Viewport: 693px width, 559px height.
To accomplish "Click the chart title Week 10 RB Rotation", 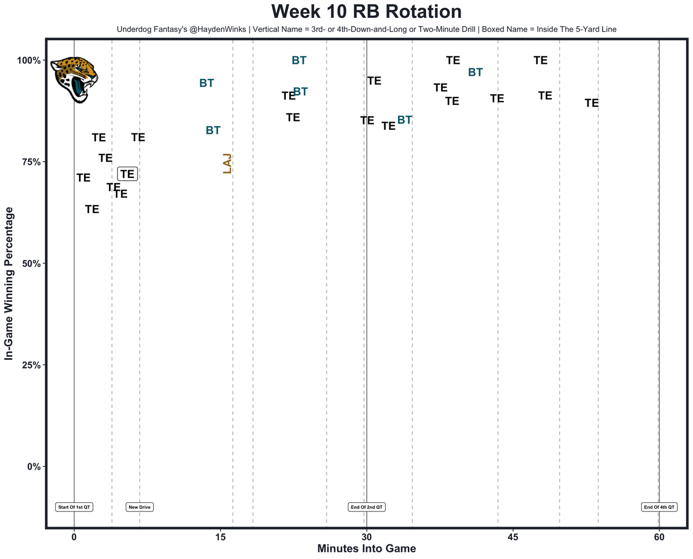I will point(366,12).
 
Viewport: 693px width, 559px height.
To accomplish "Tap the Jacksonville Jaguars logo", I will point(75,79).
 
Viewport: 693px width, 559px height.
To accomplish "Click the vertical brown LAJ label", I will point(227,163).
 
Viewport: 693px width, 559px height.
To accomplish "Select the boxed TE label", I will point(127,174).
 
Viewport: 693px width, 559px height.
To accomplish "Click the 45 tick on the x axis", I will point(513,537).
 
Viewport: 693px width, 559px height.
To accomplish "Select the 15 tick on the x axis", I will point(220,537).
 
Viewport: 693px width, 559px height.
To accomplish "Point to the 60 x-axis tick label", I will point(659,537).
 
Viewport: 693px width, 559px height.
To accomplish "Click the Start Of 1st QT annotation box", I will point(74,507).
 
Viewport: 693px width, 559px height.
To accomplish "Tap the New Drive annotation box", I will point(140,507).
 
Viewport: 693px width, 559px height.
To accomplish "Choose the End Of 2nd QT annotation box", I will point(367,507).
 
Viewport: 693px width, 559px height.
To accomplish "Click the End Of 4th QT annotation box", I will point(659,507).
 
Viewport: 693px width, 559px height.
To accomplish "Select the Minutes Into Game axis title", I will point(367,549).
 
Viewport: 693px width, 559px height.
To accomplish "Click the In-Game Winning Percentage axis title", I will point(9,283).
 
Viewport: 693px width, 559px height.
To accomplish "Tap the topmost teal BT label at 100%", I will point(299,61).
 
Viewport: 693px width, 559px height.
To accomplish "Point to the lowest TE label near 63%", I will point(92,209).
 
